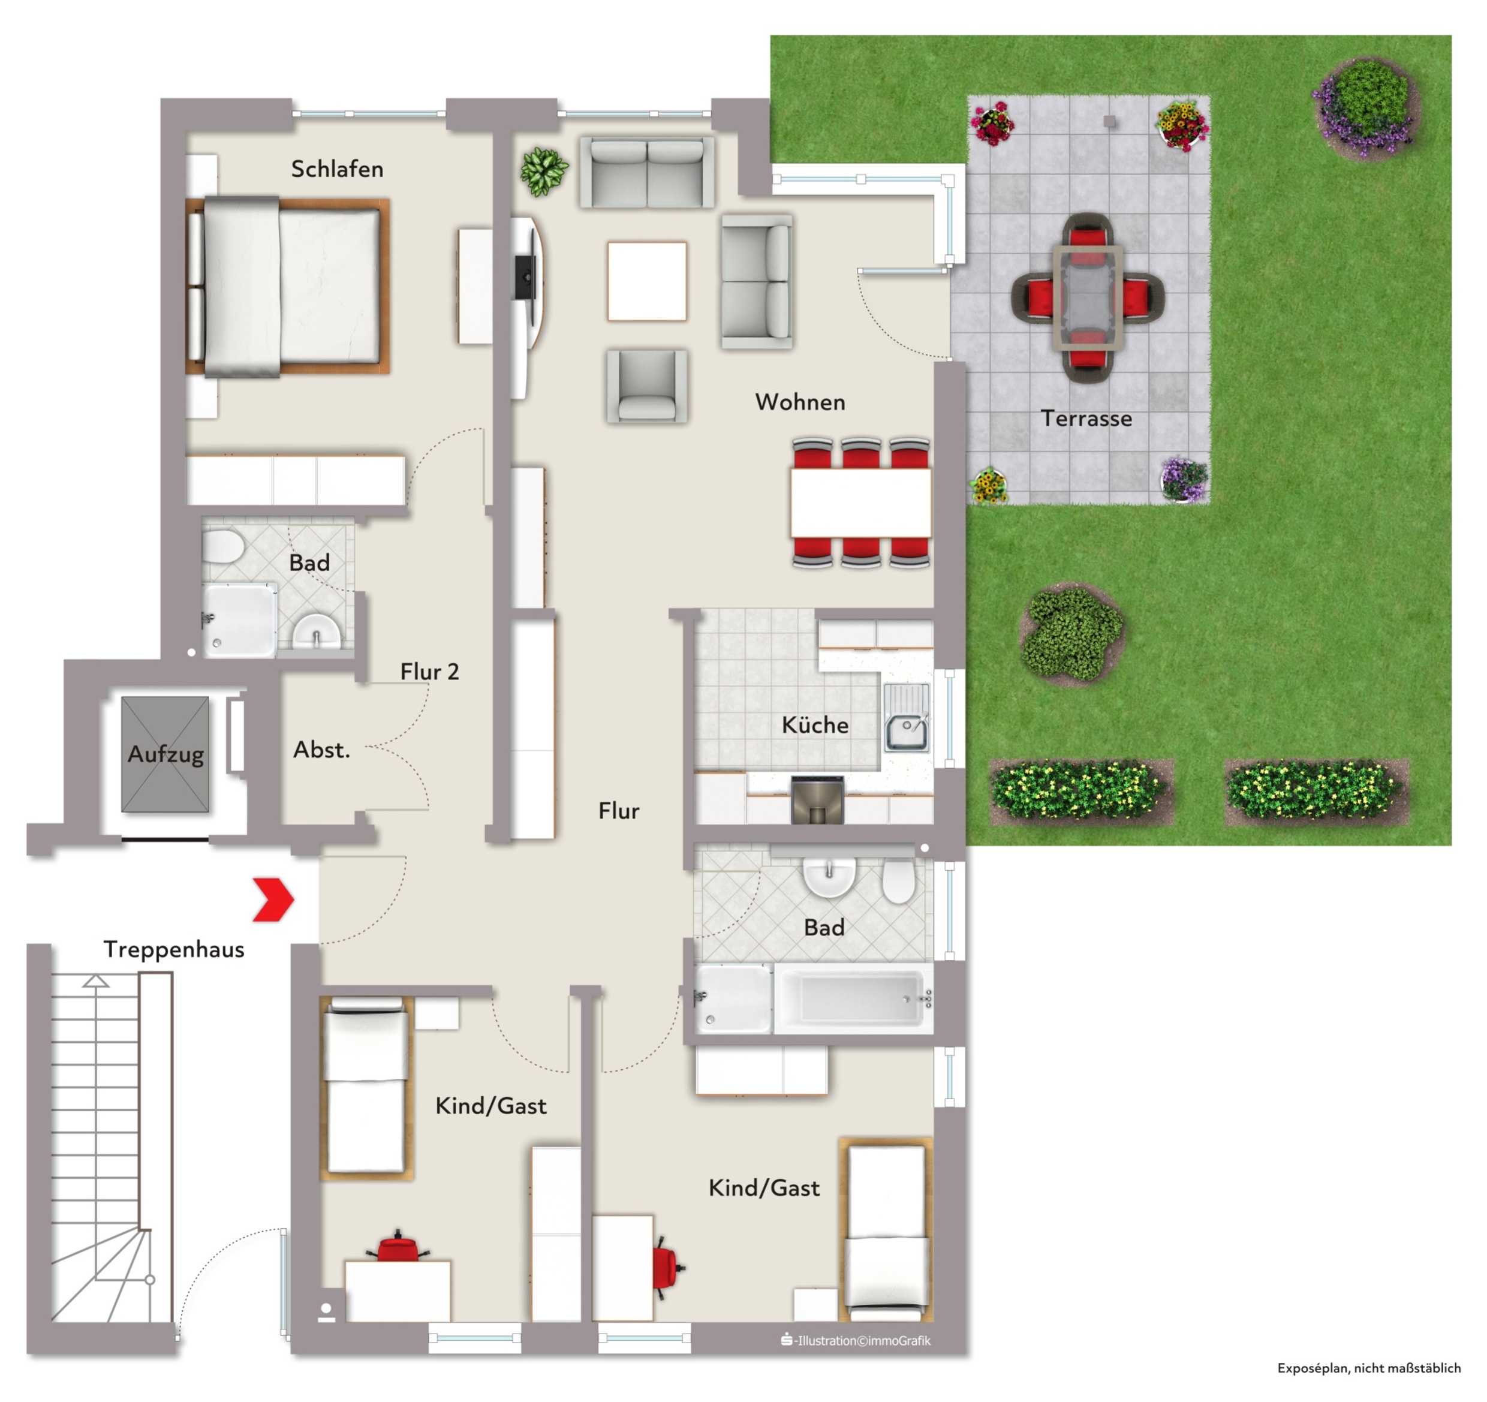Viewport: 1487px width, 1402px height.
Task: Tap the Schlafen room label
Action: (338, 169)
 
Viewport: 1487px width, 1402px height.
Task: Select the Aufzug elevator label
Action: (165, 754)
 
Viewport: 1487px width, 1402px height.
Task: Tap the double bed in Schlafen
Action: (288, 287)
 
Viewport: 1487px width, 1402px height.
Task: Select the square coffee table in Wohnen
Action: (647, 281)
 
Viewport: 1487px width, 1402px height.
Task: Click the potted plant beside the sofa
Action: (544, 172)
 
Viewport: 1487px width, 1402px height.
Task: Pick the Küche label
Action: (815, 725)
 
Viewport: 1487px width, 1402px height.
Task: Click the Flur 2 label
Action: (429, 672)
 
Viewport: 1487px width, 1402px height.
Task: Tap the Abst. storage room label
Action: (321, 750)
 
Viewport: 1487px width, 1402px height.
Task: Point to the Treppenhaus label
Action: (174, 950)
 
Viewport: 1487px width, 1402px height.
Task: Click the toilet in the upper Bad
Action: (222, 546)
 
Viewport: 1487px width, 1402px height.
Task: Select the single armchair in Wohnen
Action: (647, 386)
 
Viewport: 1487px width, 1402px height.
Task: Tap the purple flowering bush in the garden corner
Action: (1366, 107)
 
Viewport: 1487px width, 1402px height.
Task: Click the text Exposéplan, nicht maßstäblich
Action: (1369, 1368)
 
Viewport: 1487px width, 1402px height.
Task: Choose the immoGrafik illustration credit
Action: (856, 1341)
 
